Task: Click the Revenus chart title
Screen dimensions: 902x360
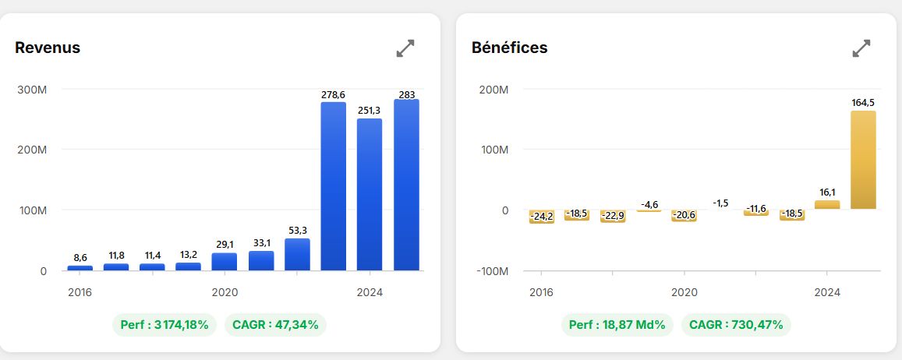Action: pyautogui.click(x=48, y=48)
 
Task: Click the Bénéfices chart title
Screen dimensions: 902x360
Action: pyautogui.click(x=510, y=48)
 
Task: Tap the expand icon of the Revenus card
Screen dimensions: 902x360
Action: pyautogui.click(x=405, y=48)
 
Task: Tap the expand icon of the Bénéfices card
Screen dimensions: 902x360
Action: pyautogui.click(x=861, y=48)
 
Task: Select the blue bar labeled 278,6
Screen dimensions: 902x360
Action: pyautogui.click(x=334, y=186)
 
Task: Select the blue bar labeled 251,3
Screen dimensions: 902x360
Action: pyautogui.click(x=370, y=194)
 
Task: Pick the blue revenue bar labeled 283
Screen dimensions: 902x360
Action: pyautogui.click(x=406, y=185)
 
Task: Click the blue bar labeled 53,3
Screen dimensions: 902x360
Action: pyautogui.click(x=297, y=255)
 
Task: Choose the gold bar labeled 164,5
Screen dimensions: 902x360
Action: pyautogui.click(x=863, y=160)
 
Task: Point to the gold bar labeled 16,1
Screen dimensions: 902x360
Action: pyautogui.click(x=827, y=205)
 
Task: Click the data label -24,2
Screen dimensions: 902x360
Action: pyautogui.click(x=542, y=216)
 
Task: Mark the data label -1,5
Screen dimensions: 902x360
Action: pyautogui.click(x=720, y=203)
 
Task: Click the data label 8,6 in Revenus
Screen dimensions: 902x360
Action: pyautogui.click(x=80, y=258)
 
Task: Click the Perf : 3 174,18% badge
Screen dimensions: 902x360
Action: pyautogui.click(x=164, y=325)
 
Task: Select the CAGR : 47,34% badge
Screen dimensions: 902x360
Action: pyautogui.click(x=275, y=325)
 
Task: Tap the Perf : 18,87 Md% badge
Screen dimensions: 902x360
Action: pyautogui.click(x=617, y=325)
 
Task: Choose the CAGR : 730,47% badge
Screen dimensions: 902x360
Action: pyautogui.click(x=736, y=325)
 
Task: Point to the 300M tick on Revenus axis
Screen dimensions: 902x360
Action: pyautogui.click(x=32, y=90)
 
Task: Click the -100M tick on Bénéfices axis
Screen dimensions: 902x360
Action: pyautogui.click(x=493, y=271)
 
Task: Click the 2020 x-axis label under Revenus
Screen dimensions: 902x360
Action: pyautogui.click(x=225, y=293)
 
